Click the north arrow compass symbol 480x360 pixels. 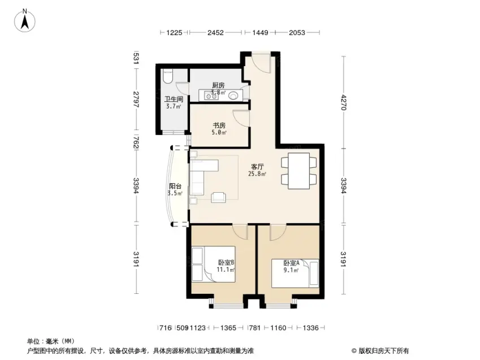coord(25,20)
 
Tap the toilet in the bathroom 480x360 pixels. coord(168,76)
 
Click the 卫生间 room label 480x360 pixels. coord(174,99)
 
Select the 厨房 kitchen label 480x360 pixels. coord(218,85)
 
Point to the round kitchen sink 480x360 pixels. coord(233,96)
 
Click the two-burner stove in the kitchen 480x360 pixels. coord(211,97)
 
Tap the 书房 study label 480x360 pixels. coord(219,125)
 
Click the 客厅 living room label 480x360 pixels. coord(257,167)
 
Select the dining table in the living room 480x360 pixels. coord(299,171)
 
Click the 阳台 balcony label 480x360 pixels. coord(175,186)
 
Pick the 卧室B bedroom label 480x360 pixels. coord(226,263)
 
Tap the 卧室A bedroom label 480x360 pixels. coord(291,263)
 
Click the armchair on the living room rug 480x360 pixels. coord(219,197)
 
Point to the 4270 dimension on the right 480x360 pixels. coord(344,102)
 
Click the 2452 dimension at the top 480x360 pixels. coord(215,32)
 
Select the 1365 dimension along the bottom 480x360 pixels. coord(228,328)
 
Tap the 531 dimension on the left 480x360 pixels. coord(136,58)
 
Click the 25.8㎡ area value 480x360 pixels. coord(257,174)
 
